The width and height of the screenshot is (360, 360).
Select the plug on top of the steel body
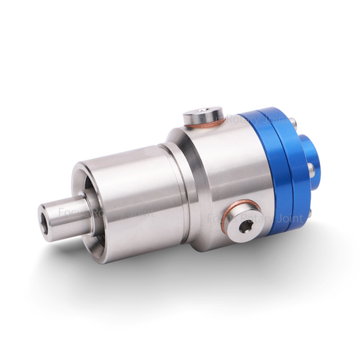coord(203,118)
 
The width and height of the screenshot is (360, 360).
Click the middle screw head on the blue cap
coord(311,167)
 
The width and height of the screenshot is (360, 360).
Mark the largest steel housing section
coord(211,172)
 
